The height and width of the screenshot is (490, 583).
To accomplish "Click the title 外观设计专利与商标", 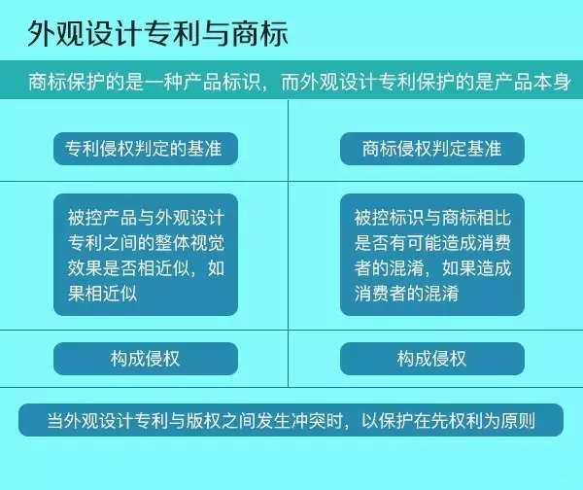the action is point(157,34).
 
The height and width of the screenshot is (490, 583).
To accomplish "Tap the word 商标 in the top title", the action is point(260,34).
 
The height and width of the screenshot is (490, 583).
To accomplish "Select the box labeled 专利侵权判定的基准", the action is point(146,149).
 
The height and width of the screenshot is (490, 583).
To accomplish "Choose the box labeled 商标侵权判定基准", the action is point(432,149).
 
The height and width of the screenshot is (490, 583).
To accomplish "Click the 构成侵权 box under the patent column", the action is point(146,359).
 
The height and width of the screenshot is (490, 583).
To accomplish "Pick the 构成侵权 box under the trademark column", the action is point(432,359).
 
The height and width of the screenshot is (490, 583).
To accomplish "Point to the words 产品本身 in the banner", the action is point(532,82).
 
